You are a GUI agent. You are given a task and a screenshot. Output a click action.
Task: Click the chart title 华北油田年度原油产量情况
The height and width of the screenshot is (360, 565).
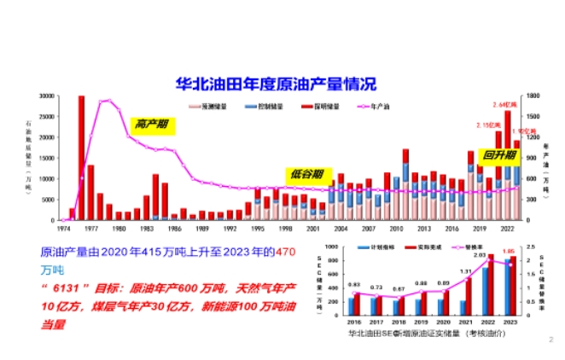275,83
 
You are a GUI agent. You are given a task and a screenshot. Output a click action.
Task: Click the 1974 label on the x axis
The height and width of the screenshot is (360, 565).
64,229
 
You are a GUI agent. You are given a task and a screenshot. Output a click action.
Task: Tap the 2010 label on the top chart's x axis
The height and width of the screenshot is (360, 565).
396,229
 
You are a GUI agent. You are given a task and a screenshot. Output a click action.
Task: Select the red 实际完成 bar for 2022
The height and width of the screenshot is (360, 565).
490,285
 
